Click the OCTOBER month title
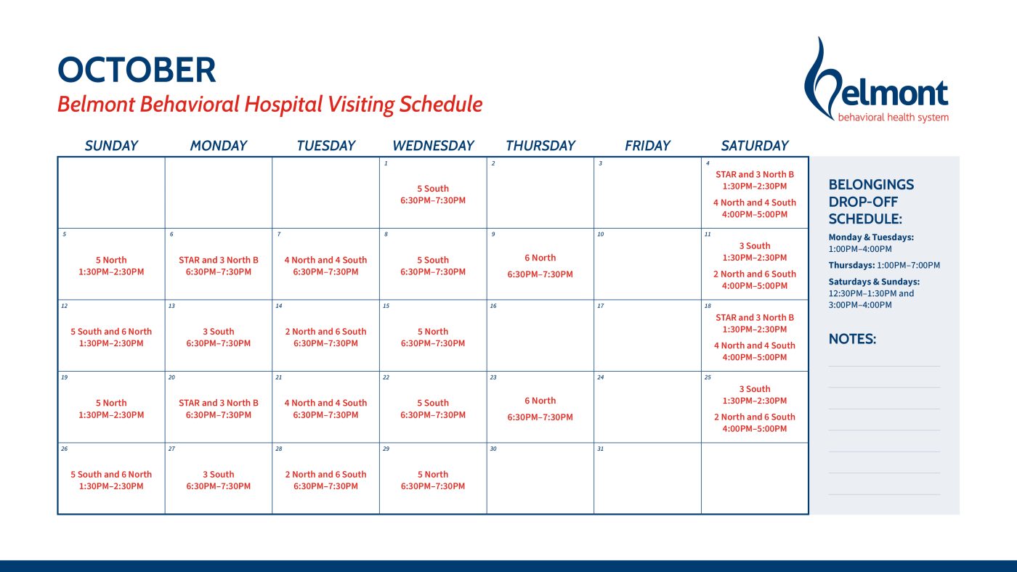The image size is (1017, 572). coord(137,70)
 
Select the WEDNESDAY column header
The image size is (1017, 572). coord(433,146)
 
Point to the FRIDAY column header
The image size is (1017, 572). coord(647,146)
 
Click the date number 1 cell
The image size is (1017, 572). coord(386,163)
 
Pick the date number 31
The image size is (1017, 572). coord(601,449)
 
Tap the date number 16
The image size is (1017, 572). coord(493,306)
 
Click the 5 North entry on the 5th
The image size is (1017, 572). coord(111,260)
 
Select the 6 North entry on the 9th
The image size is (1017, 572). coord(540,258)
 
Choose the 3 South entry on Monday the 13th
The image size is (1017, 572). coord(219,332)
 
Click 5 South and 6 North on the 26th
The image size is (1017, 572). coord(111,475)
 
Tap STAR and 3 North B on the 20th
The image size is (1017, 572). coord(219,403)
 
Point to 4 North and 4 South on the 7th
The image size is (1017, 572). coord(325,260)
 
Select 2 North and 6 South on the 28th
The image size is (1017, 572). coord(325,475)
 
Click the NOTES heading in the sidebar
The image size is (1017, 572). coord(852,339)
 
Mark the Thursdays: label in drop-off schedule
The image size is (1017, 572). coord(851,266)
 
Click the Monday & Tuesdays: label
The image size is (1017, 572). coord(871,237)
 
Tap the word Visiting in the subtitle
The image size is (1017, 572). coord(362,105)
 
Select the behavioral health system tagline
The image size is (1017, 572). coord(893,118)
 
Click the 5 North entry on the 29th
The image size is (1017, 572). coord(433,475)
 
